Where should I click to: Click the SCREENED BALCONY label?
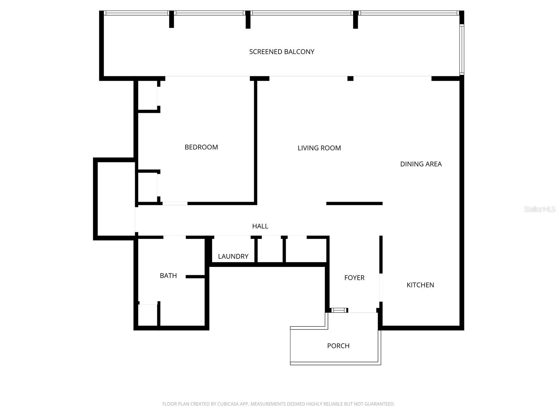coord(282,52)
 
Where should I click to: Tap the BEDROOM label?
coord(201,147)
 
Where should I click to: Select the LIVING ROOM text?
coord(319,148)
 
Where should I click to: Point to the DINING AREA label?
coord(421,164)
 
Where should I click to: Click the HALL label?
coord(260,226)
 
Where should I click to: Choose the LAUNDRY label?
coord(233,257)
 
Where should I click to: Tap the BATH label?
coord(168,276)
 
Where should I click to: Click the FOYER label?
coord(354,278)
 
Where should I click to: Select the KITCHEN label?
coord(420,285)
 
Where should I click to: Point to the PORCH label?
coord(338,346)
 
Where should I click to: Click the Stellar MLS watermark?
coord(539,209)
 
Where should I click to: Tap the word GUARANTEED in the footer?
coord(379,404)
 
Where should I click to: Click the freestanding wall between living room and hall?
coord(354,203)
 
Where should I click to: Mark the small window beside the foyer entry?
coord(338,310)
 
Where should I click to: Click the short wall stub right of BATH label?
coord(195,277)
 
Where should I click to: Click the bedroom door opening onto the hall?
coord(175,203)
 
